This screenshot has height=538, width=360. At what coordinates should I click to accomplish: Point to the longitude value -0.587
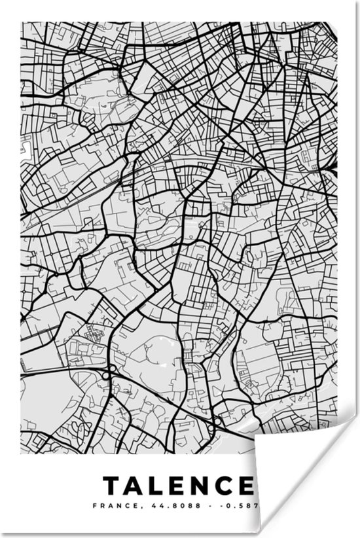coord(233,505)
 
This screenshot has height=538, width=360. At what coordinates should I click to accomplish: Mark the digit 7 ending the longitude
coord(249,505)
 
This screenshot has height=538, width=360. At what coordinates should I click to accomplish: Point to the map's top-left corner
coord(22,23)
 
